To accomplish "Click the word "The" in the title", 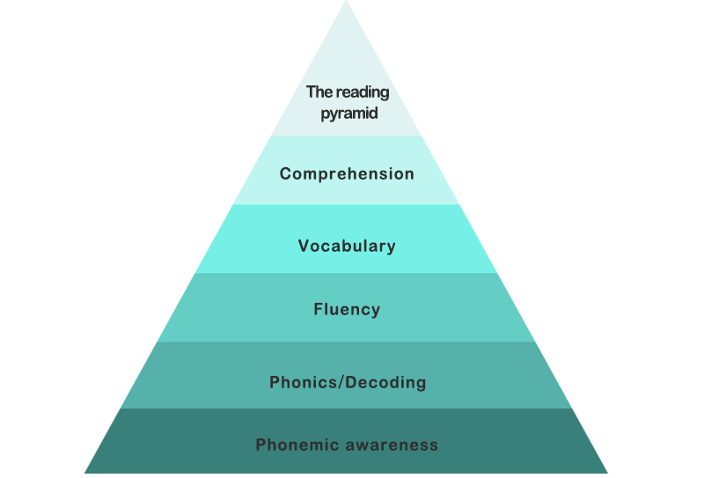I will point(317,92).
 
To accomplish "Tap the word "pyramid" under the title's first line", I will point(349,114).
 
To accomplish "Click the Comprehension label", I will point(347,174).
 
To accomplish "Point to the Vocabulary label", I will point(347,246).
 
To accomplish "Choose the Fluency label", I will point(347,310).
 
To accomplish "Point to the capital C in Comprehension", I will point(285,173).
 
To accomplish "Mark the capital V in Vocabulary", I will point(304,246).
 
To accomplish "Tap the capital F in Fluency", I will point(318,309).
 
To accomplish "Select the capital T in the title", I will point(311,92).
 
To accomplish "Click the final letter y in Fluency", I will point(376,312).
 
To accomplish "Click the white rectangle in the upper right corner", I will point(683,106).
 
